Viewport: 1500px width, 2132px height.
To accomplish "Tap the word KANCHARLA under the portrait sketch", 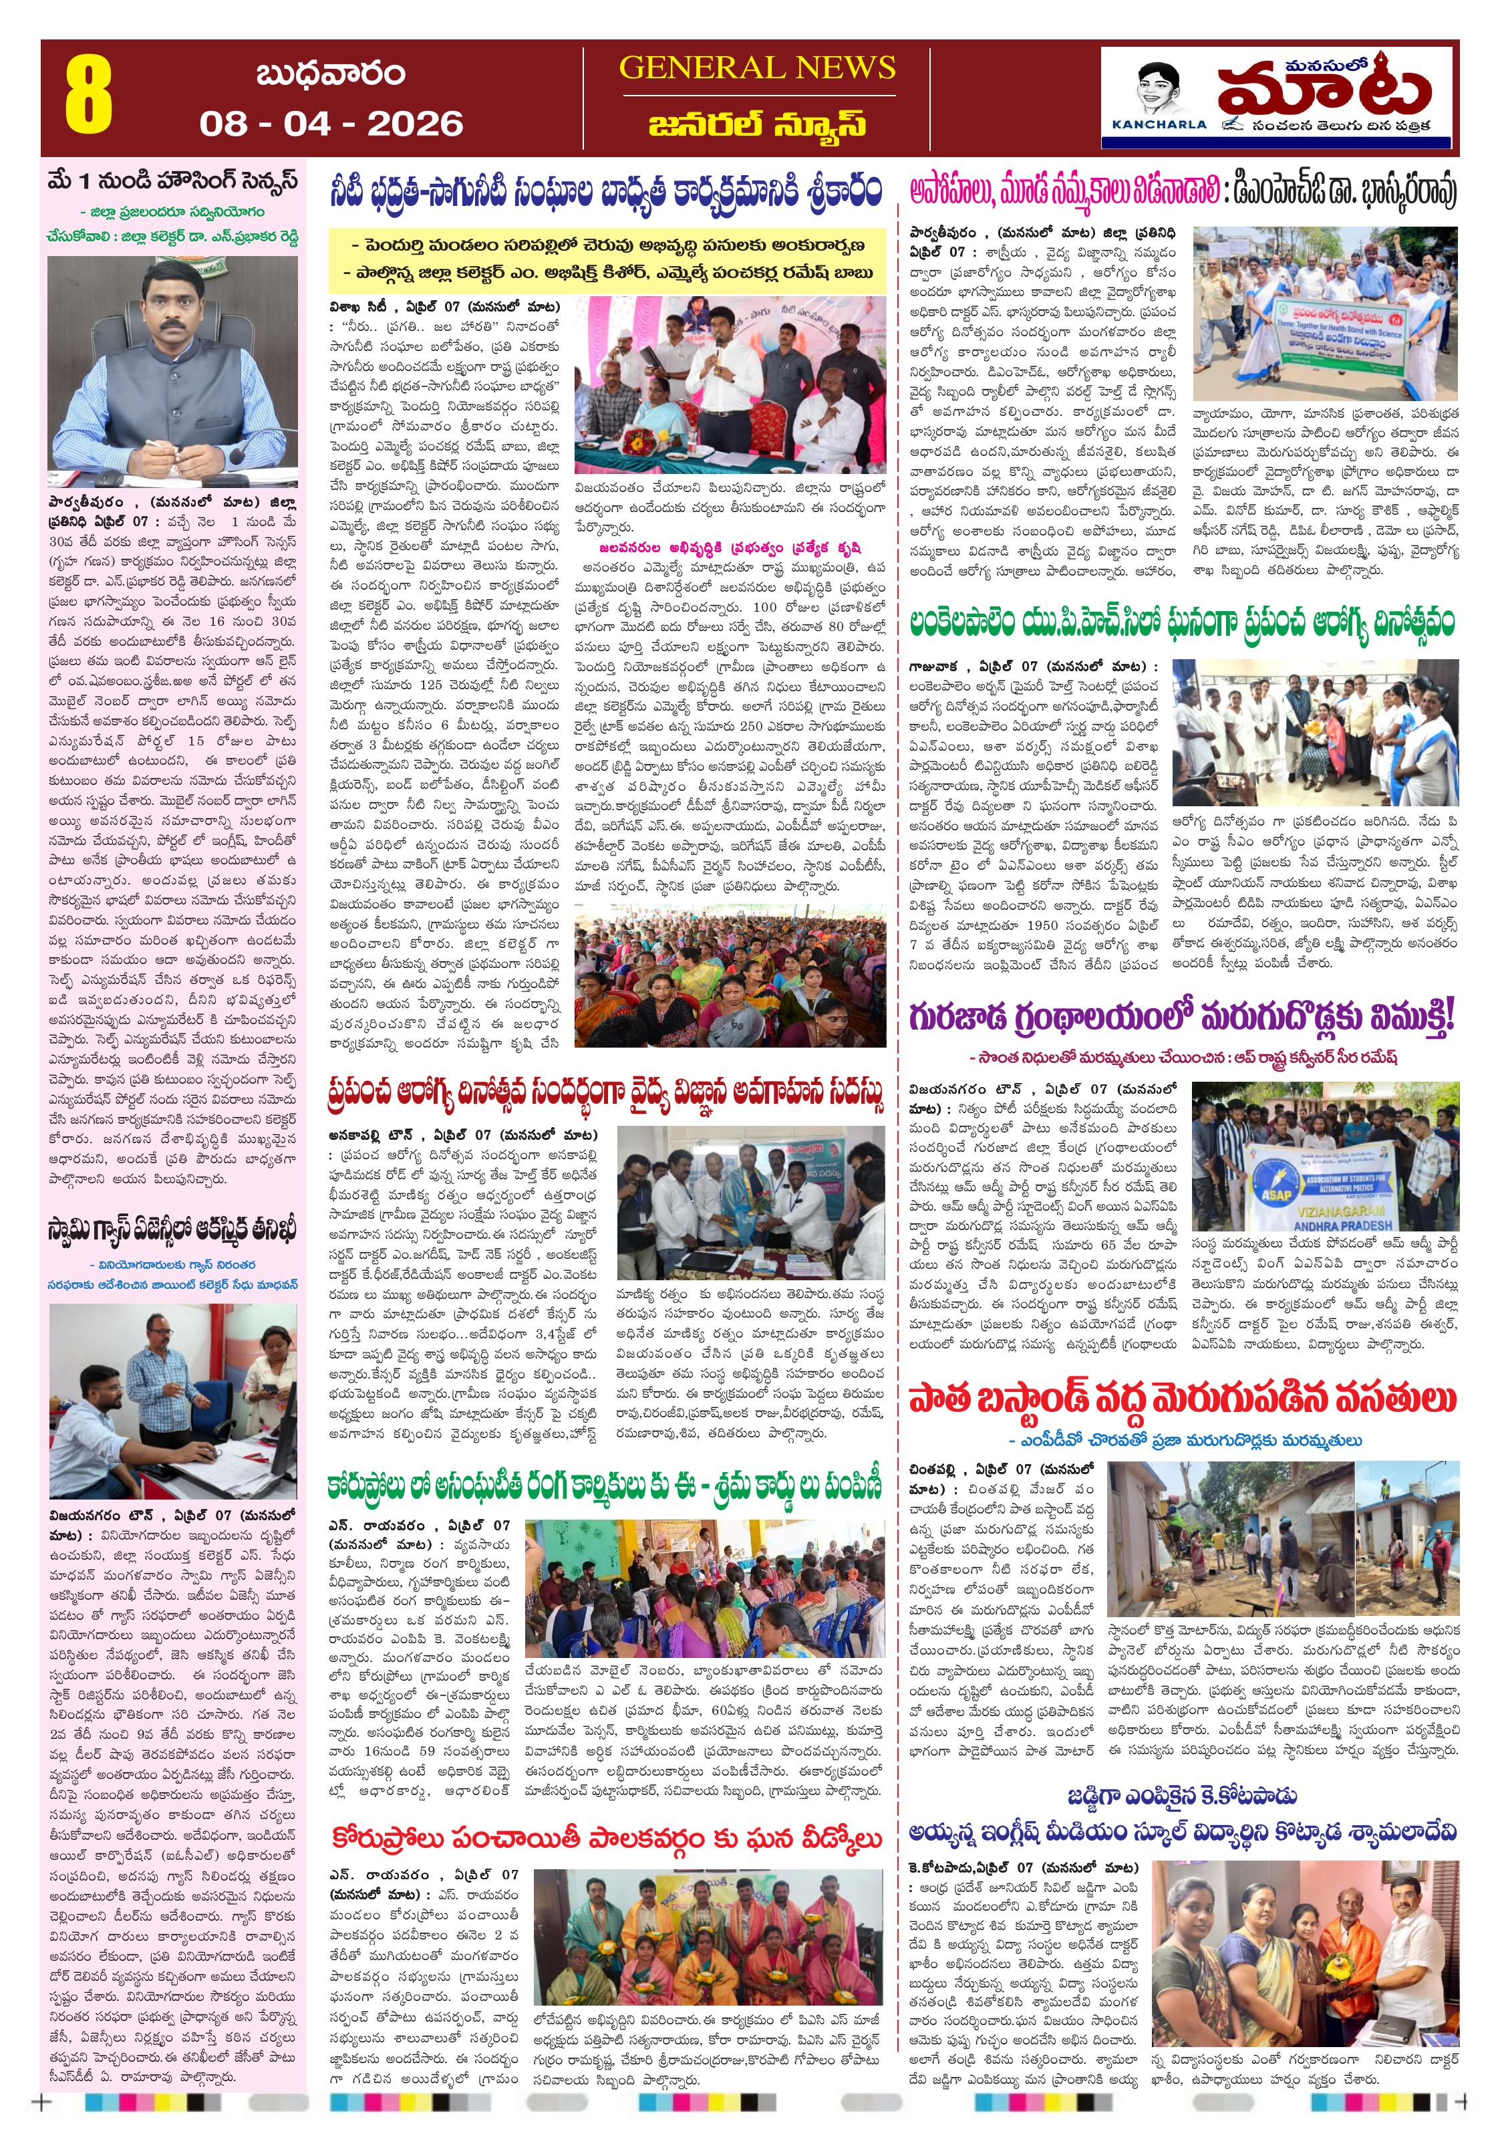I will pos(1159,124).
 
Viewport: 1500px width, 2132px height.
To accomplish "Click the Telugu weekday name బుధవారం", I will pos(331,74).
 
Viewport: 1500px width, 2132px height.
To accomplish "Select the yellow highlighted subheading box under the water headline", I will pos(608,259).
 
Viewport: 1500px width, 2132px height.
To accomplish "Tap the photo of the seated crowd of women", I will pos(730,979).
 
